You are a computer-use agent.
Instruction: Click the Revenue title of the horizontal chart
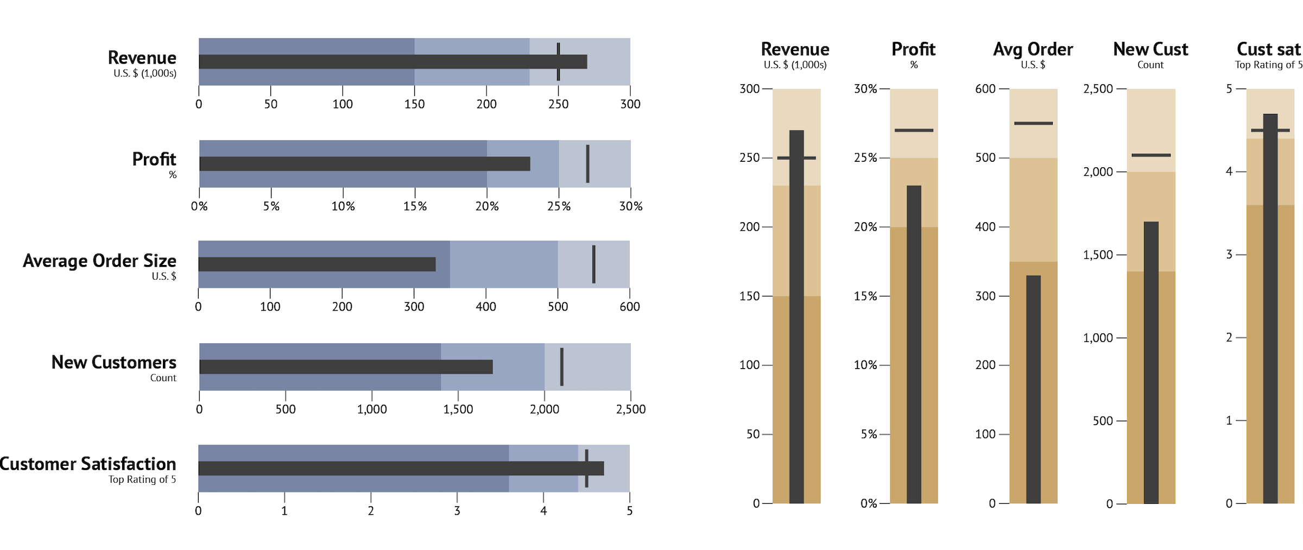[142, 58]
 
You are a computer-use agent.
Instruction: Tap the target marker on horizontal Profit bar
[587, 163]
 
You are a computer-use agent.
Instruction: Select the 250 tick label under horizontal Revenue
[558, 104]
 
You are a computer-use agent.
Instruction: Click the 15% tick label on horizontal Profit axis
[415, 206]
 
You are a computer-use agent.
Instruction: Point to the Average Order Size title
[99, 261]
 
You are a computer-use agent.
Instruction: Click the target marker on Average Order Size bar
[593, 264]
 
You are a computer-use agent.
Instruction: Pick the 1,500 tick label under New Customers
[458, 409]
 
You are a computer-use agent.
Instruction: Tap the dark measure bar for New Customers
[346, 367]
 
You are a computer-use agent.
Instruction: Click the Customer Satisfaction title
[88, 464]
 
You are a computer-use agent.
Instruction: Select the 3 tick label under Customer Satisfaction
[457, 511]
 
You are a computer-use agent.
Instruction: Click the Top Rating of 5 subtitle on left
[142, 479]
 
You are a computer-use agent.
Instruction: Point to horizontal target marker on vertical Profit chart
[914, 130]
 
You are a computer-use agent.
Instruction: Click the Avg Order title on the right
[1033, 49]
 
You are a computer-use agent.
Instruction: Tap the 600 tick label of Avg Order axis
[985, 88]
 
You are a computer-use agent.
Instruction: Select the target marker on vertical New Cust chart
[1151, 155]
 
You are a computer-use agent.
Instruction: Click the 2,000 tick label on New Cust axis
[1098, 172]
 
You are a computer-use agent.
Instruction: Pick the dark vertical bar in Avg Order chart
[1033, 389]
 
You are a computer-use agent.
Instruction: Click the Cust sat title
[1268, 49]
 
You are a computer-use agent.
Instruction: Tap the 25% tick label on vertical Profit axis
[865, 158]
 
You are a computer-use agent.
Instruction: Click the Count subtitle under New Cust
[1150, 65]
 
